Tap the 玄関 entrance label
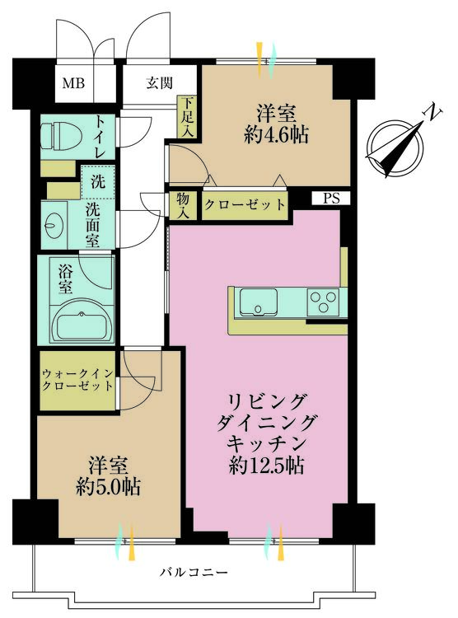click(x=160, y=82)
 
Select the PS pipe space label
click(x=330, y=199)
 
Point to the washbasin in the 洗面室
click(x=58, y=222)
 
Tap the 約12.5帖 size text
click(x=266, y=466)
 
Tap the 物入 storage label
click(x=182, y=204)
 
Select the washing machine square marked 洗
click(x=96, y=180)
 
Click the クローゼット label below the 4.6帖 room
click(x=245, y=204)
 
